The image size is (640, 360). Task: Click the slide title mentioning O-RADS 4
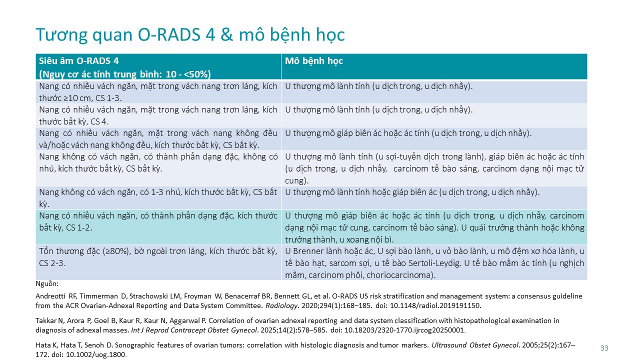(x=190, y=34)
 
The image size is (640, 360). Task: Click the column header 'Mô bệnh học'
(x=313, y=61)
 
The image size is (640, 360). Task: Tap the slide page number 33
(x=604, y=348)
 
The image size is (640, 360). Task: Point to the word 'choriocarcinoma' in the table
(x=405, y=274)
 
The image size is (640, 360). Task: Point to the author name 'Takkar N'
(x=48, y=320)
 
